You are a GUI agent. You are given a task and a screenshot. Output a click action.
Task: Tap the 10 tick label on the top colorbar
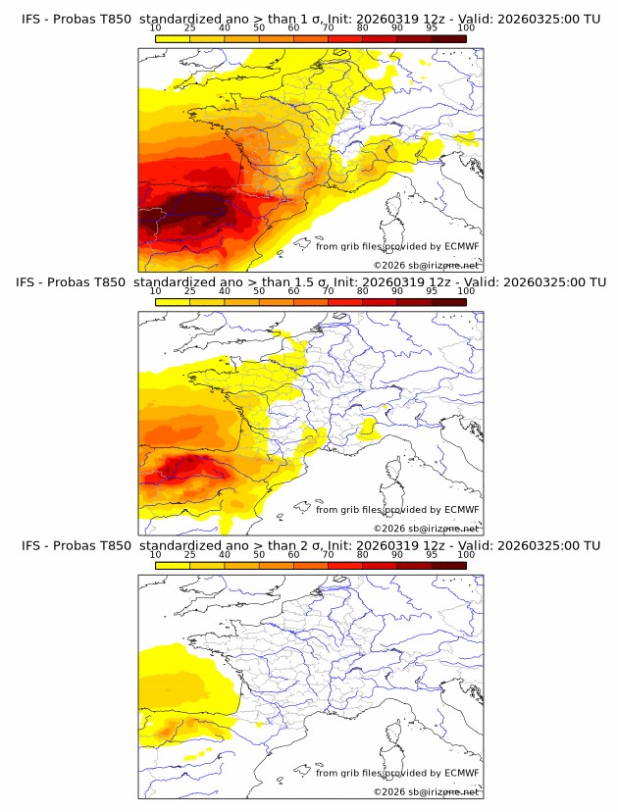click(x=155, y=29)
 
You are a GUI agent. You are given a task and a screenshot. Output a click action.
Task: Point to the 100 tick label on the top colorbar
click(x=466, y=29)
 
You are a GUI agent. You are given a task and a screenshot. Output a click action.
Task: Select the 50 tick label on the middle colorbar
click(x=259, y=292)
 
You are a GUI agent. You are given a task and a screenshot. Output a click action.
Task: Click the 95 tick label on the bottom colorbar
click(x=432, y=555)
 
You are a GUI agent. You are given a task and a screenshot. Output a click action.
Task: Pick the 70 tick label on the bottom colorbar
click(x=328, y=555)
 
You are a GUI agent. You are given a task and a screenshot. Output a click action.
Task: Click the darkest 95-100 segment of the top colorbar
click(x=448, y=38)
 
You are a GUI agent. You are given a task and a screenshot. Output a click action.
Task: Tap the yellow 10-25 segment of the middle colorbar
click(x=173, y=301)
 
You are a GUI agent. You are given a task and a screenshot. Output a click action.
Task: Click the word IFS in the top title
click(x=32, y=20)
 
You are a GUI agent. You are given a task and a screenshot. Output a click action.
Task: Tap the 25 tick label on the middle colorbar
click(x=189, y=292)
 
